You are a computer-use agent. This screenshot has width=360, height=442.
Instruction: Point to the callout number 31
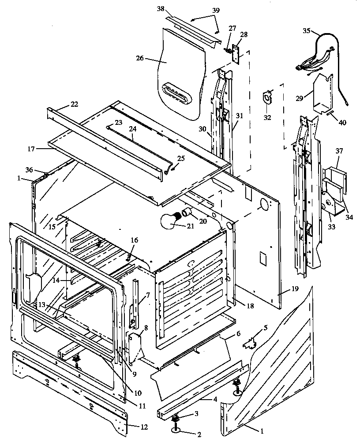click(239, 116)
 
